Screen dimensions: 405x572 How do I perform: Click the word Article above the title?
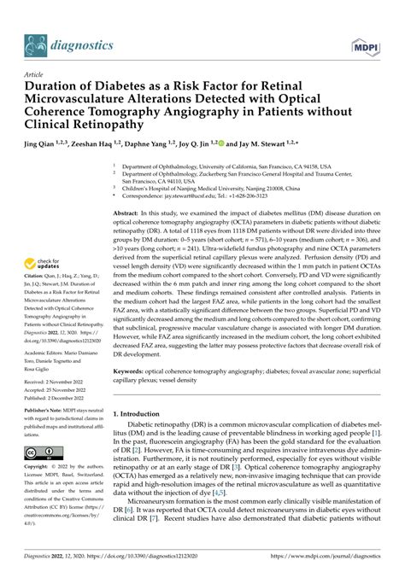tap(36, 74)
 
